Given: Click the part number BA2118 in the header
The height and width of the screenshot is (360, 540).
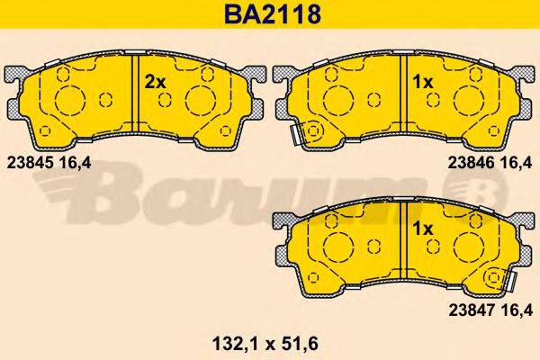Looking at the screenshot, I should (269, 14).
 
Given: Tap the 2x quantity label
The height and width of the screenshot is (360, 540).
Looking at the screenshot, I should (157, 81).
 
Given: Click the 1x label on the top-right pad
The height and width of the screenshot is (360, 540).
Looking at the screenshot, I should (422, 81).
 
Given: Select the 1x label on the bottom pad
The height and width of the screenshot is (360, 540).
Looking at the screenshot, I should (422, 229).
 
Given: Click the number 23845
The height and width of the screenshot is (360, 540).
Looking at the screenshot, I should (28, 162).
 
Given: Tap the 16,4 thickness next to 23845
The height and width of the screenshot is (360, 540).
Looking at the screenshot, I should (76, 162).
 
